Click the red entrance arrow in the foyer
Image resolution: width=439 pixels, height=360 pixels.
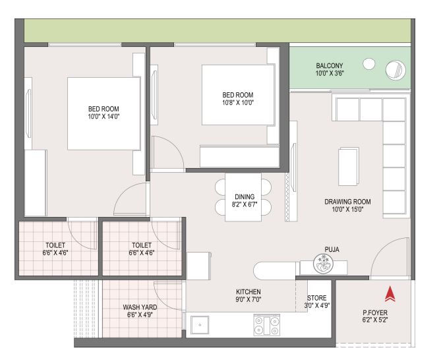390,294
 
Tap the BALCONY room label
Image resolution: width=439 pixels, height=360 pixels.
330,65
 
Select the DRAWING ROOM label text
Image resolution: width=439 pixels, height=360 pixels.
347,202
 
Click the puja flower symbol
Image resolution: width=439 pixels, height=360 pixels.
324,263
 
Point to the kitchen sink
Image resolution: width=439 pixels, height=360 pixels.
200,325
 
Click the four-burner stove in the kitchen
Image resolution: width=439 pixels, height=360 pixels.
266,325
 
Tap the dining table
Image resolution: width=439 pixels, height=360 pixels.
243,197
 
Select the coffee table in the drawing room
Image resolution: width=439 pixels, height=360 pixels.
349,167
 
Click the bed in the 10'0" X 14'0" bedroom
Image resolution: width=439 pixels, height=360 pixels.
104,113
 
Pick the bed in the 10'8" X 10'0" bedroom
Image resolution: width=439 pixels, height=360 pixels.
238,95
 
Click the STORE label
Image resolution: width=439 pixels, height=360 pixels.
316,298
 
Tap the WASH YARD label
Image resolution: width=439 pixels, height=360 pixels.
140,307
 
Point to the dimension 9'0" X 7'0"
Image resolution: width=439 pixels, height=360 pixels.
249,299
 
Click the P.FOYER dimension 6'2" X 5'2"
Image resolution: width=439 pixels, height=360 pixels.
375,320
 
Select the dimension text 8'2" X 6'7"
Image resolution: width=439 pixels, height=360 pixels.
245,204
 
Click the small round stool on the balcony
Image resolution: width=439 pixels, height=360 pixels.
369,64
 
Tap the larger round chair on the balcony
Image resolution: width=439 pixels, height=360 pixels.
395,70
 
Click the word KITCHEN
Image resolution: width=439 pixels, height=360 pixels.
249,291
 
